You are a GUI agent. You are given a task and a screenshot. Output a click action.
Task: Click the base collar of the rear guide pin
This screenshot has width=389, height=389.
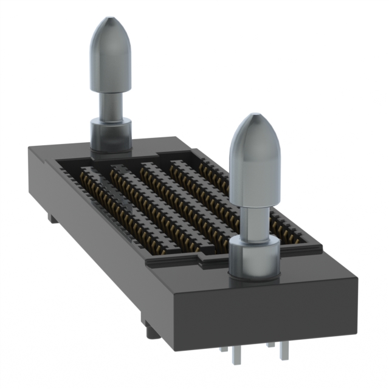tap(111, 135)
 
